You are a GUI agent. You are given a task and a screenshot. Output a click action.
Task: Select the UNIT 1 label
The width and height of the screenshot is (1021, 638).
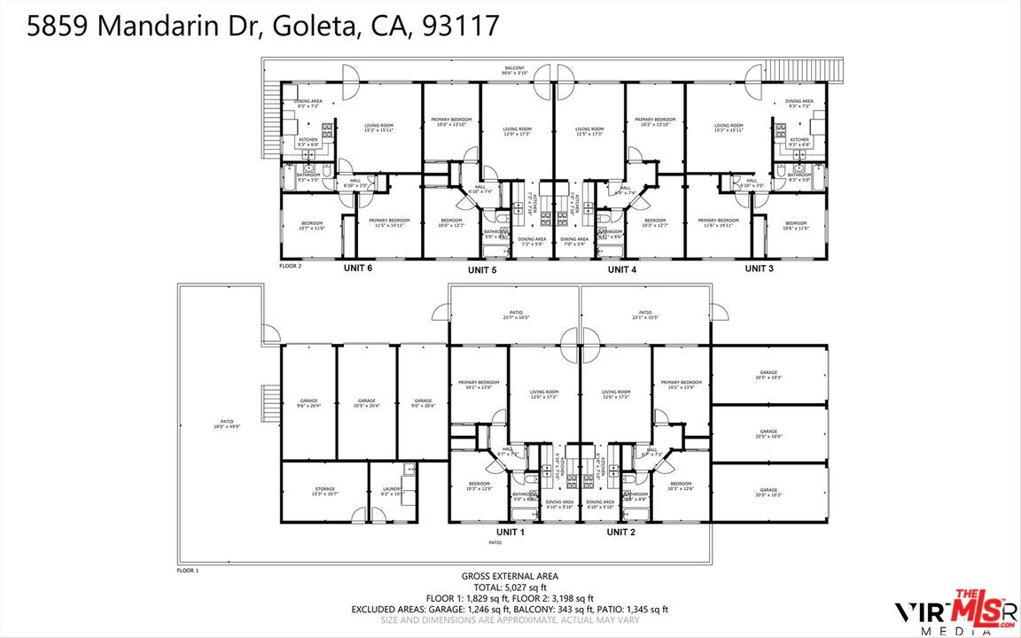click(510, 532)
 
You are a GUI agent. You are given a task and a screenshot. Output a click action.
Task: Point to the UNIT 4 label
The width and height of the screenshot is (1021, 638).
click(621, 269)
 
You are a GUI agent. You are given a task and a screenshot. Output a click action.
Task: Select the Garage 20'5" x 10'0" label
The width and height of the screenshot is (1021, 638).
click(768, 433)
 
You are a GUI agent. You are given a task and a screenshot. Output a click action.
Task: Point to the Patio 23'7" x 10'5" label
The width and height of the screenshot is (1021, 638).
click(516, 315)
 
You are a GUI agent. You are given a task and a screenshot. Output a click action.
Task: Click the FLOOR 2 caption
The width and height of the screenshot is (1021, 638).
click(291, 266)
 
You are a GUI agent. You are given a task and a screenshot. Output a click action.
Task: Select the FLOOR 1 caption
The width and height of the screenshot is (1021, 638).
click(187, 571)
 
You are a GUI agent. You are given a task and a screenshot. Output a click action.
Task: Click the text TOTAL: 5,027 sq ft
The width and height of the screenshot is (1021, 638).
click(510, 587)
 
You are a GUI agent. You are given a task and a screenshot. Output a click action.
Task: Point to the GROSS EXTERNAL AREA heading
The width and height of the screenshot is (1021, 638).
click(510, 576)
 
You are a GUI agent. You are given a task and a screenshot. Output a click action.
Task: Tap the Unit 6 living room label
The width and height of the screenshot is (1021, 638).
click(378, 128)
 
